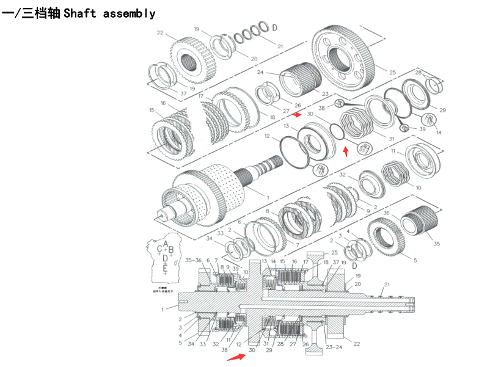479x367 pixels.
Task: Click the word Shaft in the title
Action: [x=79, y=13]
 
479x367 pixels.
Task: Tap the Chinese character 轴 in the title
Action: [x=53, y=13]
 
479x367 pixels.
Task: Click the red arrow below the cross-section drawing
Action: [x=233, y=357]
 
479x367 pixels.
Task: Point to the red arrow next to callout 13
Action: [x=297, y=114]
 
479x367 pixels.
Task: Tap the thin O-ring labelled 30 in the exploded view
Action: [x=337, y=131]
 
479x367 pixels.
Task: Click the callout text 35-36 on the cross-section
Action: [x=193, y=260]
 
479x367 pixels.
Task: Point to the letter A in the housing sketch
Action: [x=166, y=244]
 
